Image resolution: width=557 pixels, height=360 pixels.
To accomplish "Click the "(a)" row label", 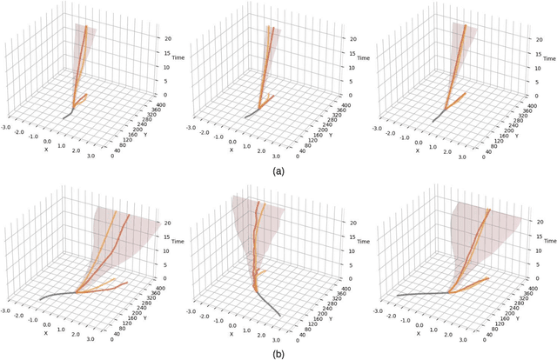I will (x=278, y=171).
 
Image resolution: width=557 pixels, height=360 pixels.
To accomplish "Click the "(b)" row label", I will (x=278, y=353).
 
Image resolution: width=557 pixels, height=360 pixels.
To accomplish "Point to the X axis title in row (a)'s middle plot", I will (x=232, y=150).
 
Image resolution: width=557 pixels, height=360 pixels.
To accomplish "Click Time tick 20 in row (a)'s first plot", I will (x=155, y=39).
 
